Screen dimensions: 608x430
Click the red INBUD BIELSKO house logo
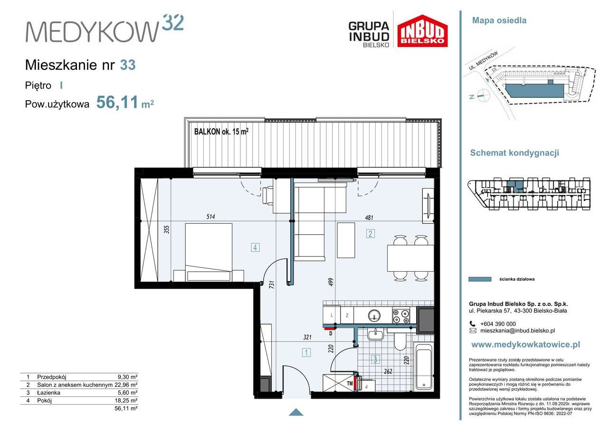pyautogui.click(x=422, y=31)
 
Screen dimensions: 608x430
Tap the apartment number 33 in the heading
pyautogui.click(x=128, y=65)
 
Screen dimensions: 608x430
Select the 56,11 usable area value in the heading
pyautogui.click(x=117, y=102)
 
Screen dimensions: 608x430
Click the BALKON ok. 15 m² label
pyautogui.click(x=221, y=132)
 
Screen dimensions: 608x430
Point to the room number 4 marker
pyautogui.click(x=255, y=248)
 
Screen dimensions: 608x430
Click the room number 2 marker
pyautogui.click(x=370, y=234)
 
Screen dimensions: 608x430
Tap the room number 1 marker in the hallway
pyautogui.click(x=306, y=353)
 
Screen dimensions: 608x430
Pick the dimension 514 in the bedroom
pyautogui.click(x=210, y=217)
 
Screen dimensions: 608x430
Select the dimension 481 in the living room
pyautogui.click(x=369, y=218)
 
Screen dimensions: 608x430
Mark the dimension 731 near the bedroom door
pyautogui.click(x=272, y=284)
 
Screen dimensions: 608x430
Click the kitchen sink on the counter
pyautogui.click(x=374, y=315)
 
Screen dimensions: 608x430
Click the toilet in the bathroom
pyautogui.click(x=399, y=342)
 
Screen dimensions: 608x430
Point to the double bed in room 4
pyautogui.click(x=209, y=252)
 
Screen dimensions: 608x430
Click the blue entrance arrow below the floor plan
pyautogui.click(x=296, y=412)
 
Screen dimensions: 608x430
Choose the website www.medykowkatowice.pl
pyautogui.click(x=526, y=345)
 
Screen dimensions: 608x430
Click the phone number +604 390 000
pyautogui.click(x=498, y=324)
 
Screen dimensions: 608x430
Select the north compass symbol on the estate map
pyautogui.click(x=481, y=96)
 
